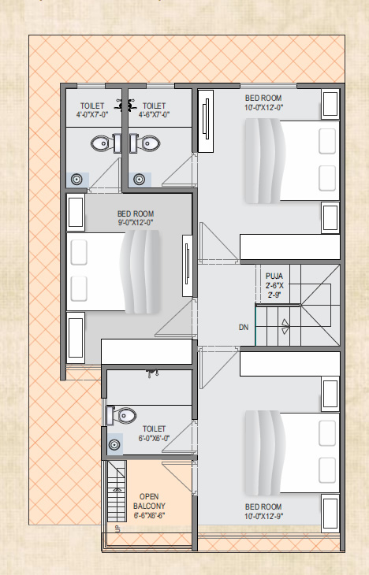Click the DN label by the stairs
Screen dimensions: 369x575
click(244, 327)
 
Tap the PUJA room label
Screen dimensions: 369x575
click(274, 276)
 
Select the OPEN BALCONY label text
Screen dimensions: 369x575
click(149, 501)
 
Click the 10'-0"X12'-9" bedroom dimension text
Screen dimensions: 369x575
click(263, 517)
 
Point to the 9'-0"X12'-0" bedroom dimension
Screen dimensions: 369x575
click(136, 222)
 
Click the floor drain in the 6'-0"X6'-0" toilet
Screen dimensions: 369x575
click(114, 445)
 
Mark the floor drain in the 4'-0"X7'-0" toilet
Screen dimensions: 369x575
click(76, 180)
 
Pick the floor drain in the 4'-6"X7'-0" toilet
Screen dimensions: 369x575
click(139, 180)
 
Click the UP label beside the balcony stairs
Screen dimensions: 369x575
click(117, 529)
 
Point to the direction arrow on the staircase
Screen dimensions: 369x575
click(285, 326)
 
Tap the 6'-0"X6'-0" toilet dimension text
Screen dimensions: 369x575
click(154, 438)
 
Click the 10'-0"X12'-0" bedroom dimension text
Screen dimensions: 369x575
click(263, 107)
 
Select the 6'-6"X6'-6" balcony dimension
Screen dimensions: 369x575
click(149, 515)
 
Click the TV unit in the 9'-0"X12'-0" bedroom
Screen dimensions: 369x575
click(187, 266)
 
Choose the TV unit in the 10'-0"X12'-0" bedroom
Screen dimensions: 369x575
click(206, 121)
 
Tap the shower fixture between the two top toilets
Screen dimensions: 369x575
click(125, 105)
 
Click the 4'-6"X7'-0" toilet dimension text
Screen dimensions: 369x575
click(154, 114)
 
